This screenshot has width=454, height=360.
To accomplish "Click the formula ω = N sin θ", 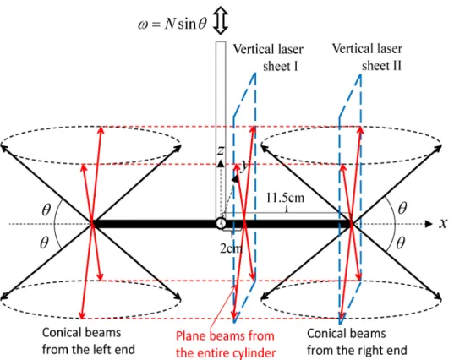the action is coord(172,24).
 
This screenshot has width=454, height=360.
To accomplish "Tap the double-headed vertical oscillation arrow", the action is coord(221,20).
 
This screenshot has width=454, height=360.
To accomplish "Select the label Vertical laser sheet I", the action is coord(268,57).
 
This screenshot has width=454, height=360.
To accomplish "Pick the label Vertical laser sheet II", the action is coord(367,57).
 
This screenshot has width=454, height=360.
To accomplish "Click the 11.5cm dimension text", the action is coord(285,198).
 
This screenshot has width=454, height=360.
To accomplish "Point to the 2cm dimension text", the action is coord(231,248).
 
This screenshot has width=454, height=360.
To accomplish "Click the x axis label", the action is coord(443,223).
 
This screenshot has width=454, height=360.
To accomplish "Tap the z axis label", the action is coord(221,150).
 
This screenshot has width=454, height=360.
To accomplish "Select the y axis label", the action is coord(245,165).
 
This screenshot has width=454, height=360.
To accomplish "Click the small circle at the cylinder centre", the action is coord(221,224).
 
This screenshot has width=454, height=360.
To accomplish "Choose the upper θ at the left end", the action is coord(46,210).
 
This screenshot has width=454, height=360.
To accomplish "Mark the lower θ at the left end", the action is coord(44,243).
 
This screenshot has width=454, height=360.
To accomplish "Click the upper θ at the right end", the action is coord(402,208).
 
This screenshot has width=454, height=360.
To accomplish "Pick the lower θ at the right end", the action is coord(401,243).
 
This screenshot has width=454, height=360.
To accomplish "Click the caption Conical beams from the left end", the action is coord(89,341).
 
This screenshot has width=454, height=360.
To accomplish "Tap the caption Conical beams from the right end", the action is coord(357,341).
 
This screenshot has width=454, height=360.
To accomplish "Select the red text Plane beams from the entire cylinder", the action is coord(226,345).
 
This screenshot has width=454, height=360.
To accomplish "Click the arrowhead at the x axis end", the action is coord(429,224).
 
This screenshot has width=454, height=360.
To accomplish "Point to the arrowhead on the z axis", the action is coord(221,163).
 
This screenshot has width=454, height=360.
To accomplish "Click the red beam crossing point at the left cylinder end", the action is coord(92,223).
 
